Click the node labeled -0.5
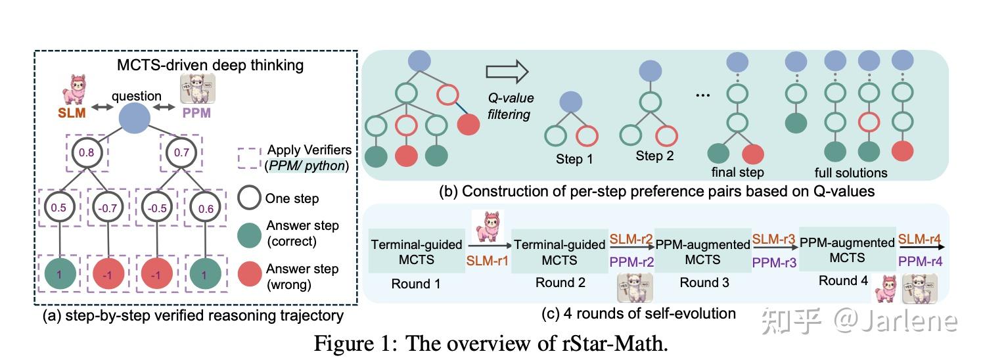156,210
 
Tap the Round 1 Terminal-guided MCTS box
417,252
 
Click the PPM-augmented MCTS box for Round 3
702,252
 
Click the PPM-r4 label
920,261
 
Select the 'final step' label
737,173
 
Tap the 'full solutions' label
850,173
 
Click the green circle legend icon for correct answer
250,234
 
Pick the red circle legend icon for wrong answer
250,276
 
